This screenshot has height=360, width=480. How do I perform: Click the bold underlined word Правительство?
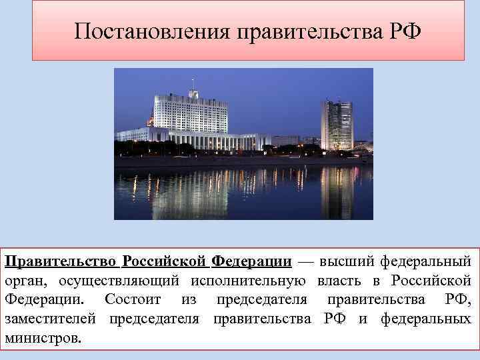[x=61, y=259]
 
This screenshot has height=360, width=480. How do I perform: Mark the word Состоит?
[x=133, y=298]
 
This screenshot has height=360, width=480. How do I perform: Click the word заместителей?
[x=52, y=317]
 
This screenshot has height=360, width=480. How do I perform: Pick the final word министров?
[x=43, y=337]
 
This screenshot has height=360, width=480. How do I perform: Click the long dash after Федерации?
[x=305, y=259]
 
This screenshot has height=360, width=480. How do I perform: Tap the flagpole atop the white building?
[x=193, y=85]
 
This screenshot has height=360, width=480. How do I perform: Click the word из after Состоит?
[x=189, y=298]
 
